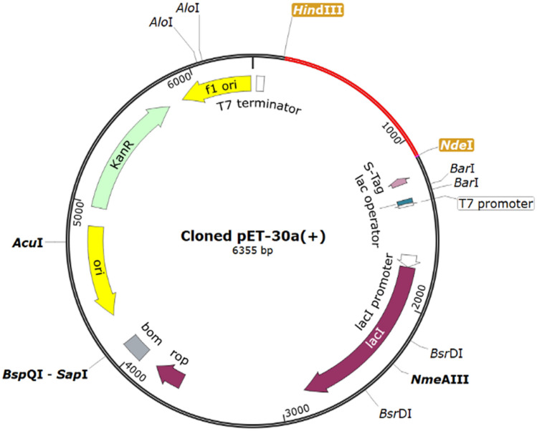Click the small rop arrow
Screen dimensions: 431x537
click(x=171, y=374)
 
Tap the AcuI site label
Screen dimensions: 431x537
click(x=27, y=243)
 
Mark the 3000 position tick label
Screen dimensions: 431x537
click(x=295, y=409)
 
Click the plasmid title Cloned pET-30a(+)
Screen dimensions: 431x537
click(x=252, y=238)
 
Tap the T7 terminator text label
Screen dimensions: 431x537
click(x=259, y=108)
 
